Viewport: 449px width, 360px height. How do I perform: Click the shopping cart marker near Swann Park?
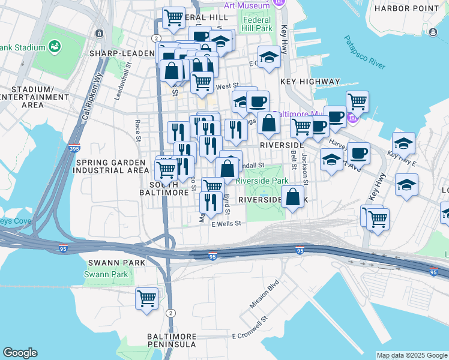[146, 298]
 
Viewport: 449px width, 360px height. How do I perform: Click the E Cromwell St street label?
[250, 329]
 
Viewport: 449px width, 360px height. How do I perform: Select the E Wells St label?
[226, 223]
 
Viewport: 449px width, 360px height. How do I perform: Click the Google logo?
[20, 353]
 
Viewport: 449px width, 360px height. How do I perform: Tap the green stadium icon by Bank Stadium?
[55, 46]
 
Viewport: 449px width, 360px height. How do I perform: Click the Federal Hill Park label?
[258, 24]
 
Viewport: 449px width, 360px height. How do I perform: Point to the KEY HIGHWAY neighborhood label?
[310, 81]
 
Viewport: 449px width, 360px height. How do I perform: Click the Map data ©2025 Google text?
[411, 355]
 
